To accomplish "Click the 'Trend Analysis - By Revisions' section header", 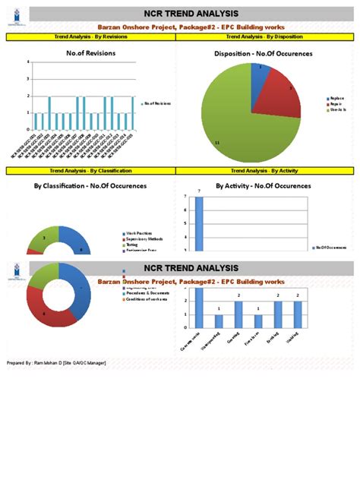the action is (x=90, y=36).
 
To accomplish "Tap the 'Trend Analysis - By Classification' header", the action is (x=90, y=172).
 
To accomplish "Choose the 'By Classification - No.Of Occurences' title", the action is (x=90, y=185).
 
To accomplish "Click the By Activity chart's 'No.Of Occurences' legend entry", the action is (x=331, y=247).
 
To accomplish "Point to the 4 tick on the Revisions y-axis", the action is (x=29, y=62).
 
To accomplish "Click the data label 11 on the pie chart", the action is (x=217, y=143).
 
